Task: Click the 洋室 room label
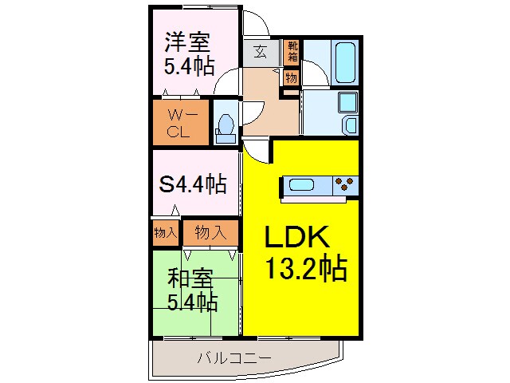coord(188,41)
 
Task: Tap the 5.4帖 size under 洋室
coord(188,66)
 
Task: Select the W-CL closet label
coord(178,123)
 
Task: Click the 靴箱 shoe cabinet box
coord(292,52)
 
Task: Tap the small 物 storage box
coord(291,78)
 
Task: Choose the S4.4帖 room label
coord(193,184)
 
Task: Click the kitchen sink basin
coord(302,185)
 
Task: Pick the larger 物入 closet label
coord(210,232)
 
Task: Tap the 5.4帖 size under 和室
coord(191,302)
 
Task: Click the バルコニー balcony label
coord(235,357)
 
